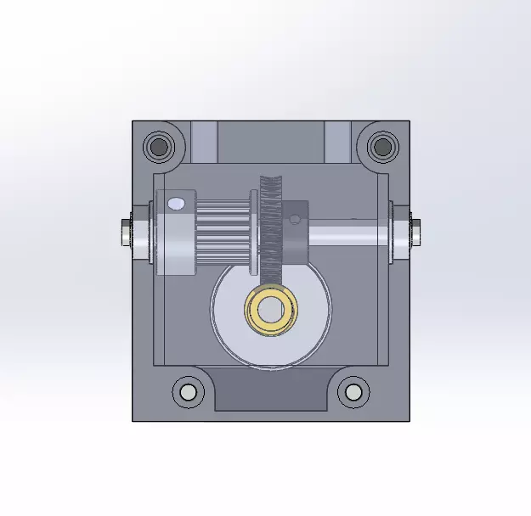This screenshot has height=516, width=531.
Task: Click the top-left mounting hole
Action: tap(158, 147)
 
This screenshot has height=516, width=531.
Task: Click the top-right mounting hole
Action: tap(383, 146)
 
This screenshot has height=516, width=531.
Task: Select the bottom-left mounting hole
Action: tap(187, 392)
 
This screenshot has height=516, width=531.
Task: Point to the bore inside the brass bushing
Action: tap(271, 311)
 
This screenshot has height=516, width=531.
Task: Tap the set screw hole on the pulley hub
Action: tap(176, 204)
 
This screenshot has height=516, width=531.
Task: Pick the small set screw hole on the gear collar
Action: tap(295, 219)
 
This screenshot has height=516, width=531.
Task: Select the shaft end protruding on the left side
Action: tap(125, 230)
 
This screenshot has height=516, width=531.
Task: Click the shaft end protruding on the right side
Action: tap(416, 230)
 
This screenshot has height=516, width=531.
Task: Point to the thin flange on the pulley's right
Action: tap(253, 234)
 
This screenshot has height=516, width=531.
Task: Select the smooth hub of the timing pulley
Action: tap(177, 246)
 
